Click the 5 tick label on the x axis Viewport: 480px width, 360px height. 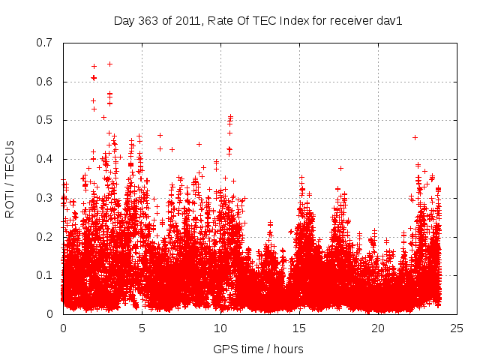[142, 328]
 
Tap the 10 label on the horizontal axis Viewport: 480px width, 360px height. [220, 328]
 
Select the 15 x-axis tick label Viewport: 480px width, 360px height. [299, 328]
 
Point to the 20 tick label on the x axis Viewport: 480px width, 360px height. [378, 328]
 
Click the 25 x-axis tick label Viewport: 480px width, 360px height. [457, 328]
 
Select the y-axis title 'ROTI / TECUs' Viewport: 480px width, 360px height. [10, 178]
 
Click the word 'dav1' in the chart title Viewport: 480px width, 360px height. [390, 20]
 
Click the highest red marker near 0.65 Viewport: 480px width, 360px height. [109, 64]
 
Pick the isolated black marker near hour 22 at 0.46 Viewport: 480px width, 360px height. [415, 137]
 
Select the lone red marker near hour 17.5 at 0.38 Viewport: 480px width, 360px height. [340, 168]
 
